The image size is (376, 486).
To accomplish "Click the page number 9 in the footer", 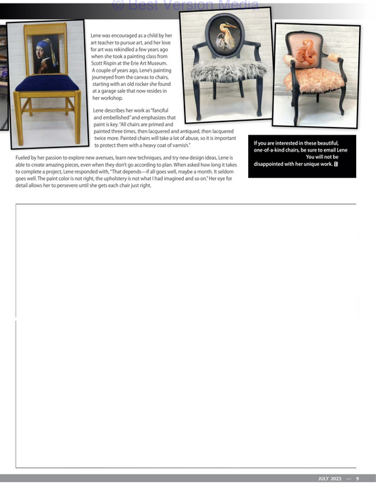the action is click(357, 478).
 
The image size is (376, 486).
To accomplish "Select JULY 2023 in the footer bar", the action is click(329, 478).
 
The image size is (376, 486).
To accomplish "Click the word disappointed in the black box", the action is click(273, 164).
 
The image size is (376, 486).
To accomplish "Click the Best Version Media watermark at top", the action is click(185, 5).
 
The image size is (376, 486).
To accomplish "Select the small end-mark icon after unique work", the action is click(337, 164).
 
